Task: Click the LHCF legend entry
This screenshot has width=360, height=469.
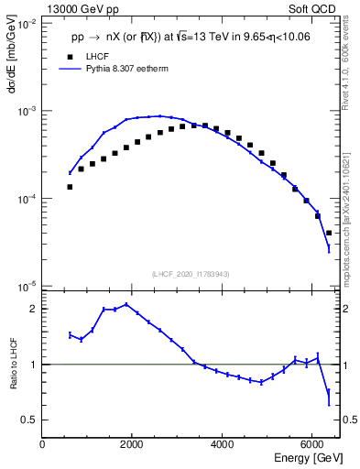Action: [97, 57]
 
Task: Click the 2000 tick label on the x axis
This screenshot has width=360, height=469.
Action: [133, 445]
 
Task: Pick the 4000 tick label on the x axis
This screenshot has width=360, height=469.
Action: [223, 445]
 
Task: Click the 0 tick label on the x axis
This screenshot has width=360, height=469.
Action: [43, 445]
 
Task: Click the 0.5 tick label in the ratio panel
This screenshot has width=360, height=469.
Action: [30, 420]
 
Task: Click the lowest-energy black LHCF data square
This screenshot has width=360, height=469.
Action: [70, 187]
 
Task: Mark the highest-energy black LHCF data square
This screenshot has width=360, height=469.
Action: [329, 233]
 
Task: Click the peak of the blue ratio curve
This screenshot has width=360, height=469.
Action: [125, 304]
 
